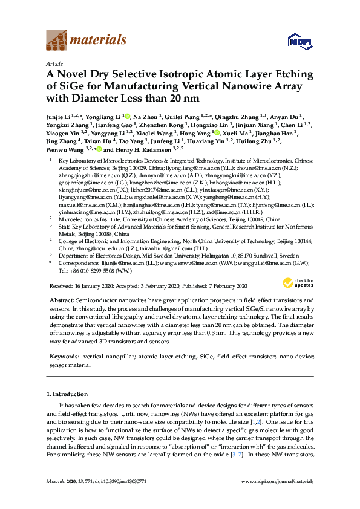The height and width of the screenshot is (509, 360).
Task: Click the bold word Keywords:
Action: (64, 358)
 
